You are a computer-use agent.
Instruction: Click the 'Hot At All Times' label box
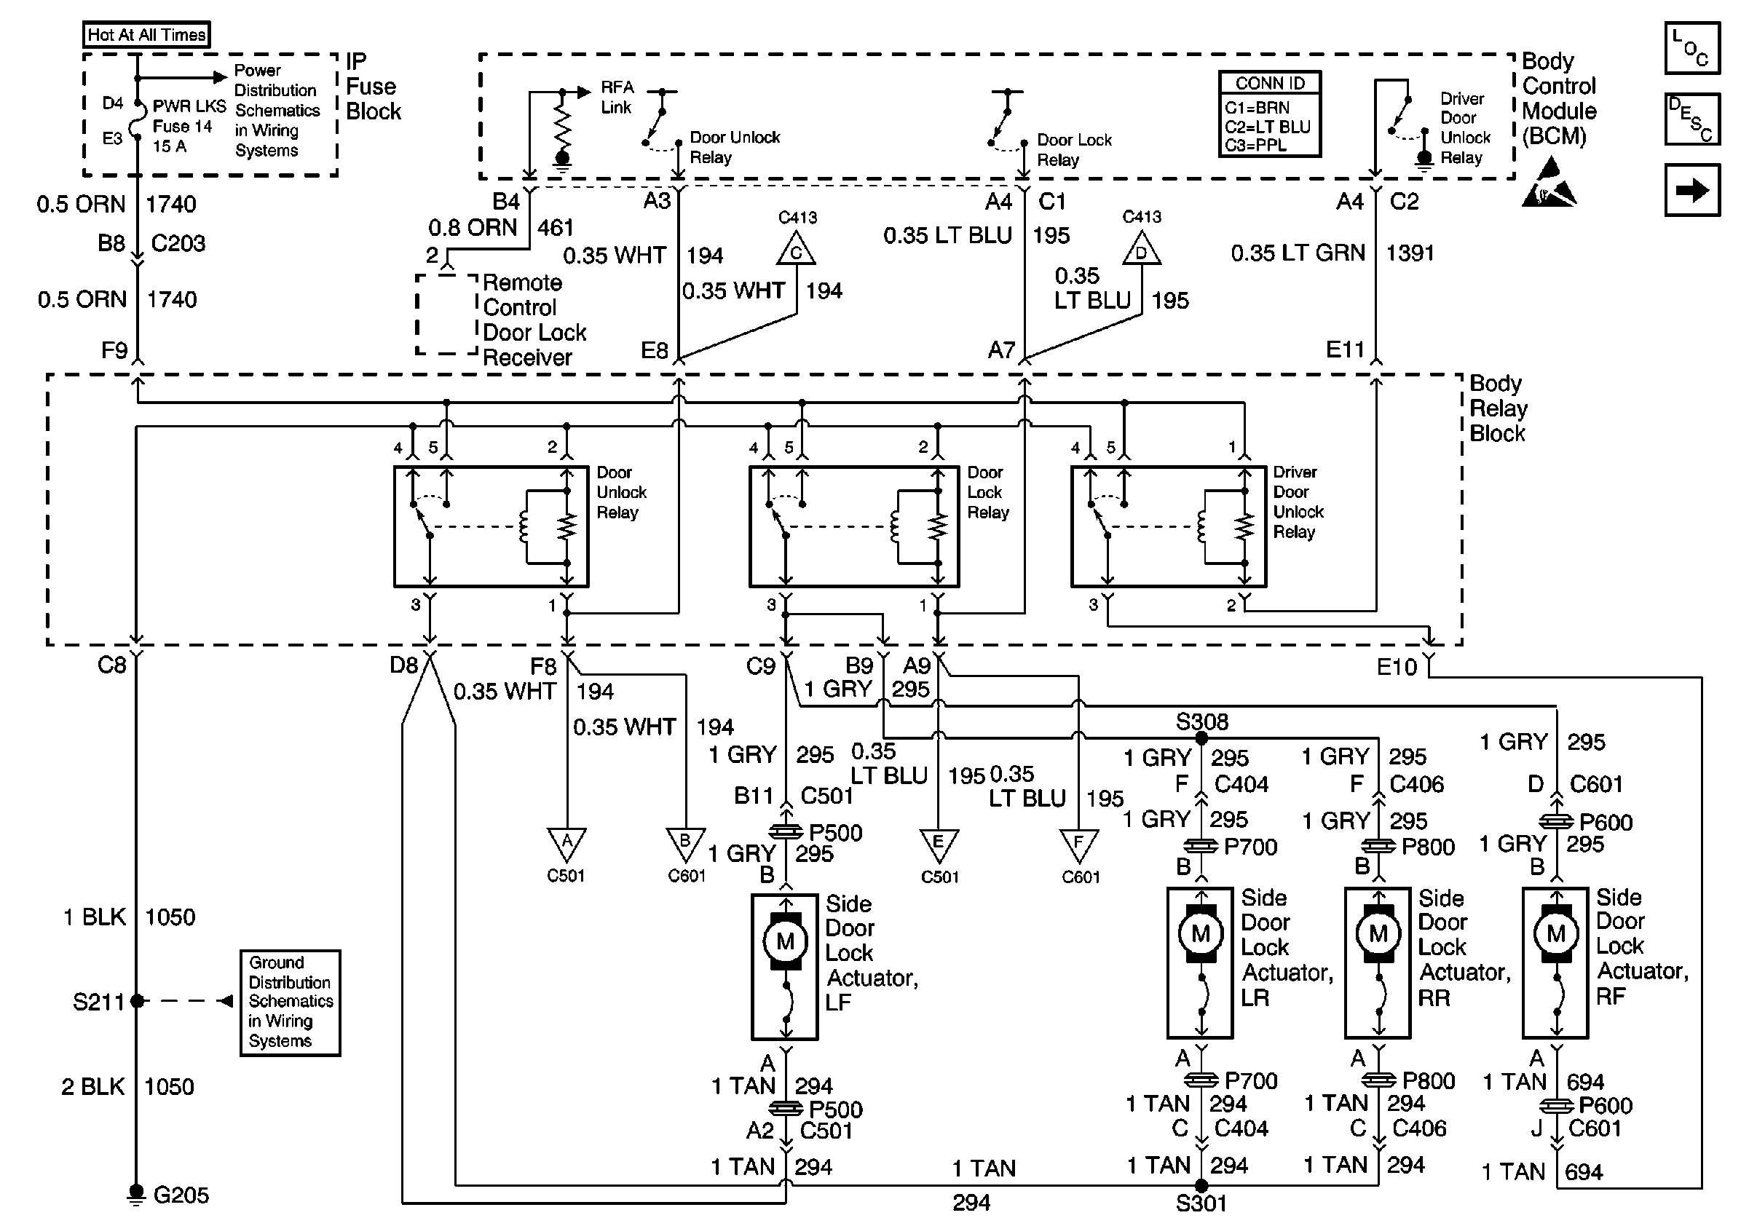point(146,34)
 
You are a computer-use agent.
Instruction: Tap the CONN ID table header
point(1270,83)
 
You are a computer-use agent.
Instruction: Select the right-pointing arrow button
point(1692,189)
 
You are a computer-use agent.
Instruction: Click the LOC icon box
point(1692,48)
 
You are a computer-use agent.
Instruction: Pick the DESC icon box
point(1692,119)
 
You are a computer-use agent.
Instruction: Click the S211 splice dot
point(137,1000)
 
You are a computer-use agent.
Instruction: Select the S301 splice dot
point(1201,1185)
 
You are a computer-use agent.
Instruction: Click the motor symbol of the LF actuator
point(785,941)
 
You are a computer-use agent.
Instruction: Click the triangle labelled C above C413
point(796,248)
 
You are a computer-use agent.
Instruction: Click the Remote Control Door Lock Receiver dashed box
point(447,315)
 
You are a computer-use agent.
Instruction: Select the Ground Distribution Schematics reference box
point(290,1002)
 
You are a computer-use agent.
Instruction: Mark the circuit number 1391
point(1409,253)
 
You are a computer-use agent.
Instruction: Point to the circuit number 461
point(556,228)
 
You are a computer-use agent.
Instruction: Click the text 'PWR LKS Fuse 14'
point(189,116)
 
